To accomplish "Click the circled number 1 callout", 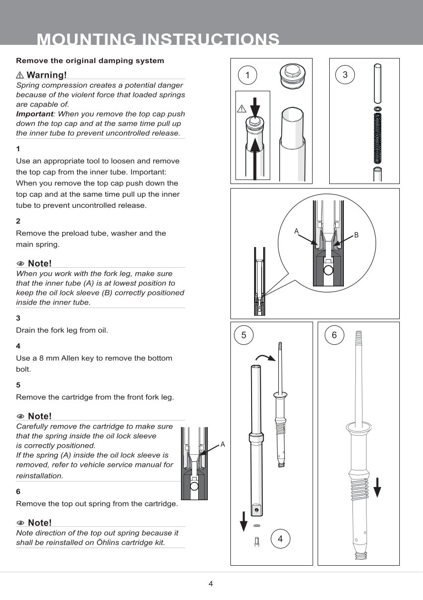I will tap(247, 75).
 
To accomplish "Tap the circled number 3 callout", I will tap(345, 75).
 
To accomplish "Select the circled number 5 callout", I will tap(244, 335).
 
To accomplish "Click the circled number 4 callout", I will tap(280, 538).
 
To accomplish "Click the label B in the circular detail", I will tap(356, 235).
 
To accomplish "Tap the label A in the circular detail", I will tap(296, 231).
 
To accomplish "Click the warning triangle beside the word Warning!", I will tap(20, 75).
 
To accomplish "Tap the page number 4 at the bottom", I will tap(211, 584).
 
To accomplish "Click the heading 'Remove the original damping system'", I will tap(90, 61).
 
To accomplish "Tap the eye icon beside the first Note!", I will tap(21, 264).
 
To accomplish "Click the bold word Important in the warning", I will tap(34, 114).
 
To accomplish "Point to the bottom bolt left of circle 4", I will tap(257, 543).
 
